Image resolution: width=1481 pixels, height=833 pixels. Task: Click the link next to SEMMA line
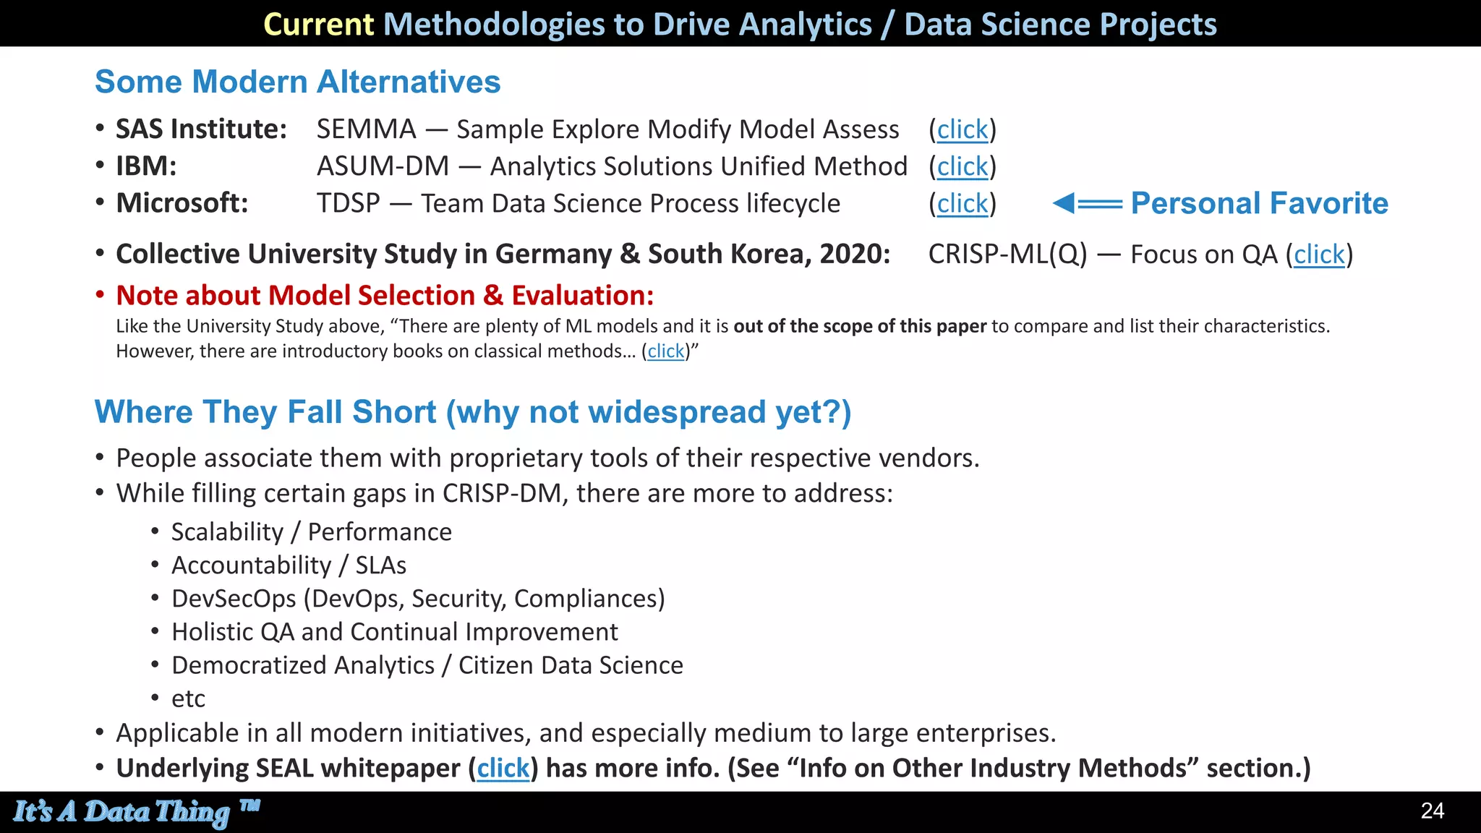click(962, 129)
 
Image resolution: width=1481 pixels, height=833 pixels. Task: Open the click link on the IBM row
click(962, 167)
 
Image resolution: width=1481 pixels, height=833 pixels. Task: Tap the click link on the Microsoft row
click(962, 204)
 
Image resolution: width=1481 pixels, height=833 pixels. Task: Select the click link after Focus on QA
click(1319, 255)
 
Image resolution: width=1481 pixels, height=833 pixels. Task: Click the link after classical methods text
click(665, 351)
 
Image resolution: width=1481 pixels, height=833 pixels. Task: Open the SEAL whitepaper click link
click(503, 768)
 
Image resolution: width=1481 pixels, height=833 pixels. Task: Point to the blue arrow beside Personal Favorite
click(1087, 204)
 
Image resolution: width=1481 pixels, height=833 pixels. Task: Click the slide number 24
click(1432, 811)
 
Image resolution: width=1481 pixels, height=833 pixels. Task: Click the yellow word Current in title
click(318, 25)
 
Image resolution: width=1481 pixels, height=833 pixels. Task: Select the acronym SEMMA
click(366, 129)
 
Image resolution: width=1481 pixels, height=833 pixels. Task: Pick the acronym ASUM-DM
click(383, 167)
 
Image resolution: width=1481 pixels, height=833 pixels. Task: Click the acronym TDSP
click(348, 204)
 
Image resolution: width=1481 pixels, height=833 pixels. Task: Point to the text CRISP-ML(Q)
click(1007, 255)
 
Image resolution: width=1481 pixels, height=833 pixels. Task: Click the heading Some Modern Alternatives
click(297, 82)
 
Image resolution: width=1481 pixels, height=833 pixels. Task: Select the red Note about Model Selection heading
click(385, 296)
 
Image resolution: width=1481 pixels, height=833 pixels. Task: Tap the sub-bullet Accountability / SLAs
click(289, 565)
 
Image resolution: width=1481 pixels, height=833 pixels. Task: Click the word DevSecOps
click(234, 599)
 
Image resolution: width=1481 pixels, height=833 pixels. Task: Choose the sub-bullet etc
click(188, 699)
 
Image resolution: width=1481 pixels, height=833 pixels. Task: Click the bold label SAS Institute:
click(201, 129)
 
